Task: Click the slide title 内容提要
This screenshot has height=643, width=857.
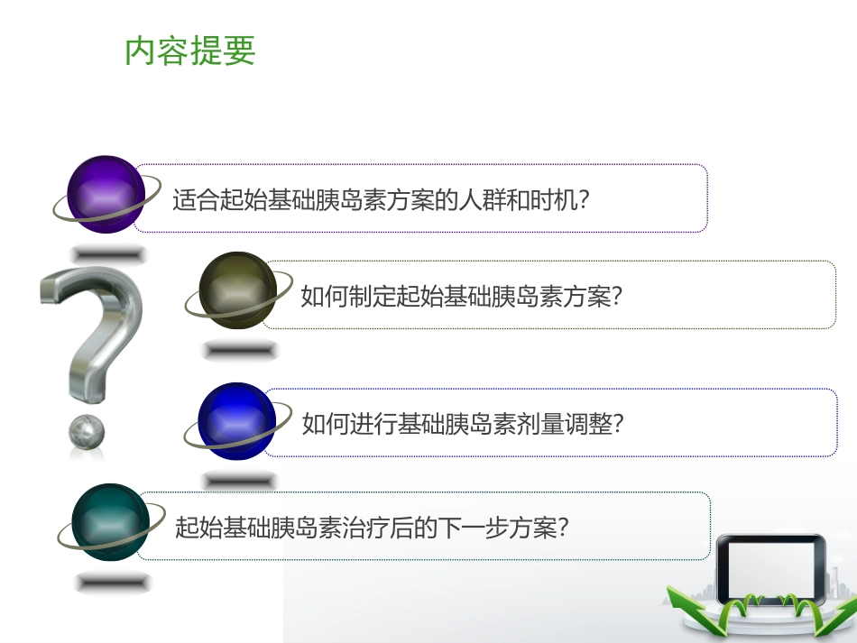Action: pyautogui.click(x=190, y=51)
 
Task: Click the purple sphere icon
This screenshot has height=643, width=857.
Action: pyautogui.click(x=106, y=194)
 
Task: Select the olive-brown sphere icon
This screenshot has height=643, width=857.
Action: pyautogui.click(x=237, y=289)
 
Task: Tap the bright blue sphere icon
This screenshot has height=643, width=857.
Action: pyautogui.click(x=236, y=421)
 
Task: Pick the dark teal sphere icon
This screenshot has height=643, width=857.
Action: pyautogui.click(x=110, y=522)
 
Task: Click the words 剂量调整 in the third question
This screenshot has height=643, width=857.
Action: pyautogui.click(x=565, y=424)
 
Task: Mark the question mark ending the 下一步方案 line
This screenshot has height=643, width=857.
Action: pyautogui.click(x=563, y=527)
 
